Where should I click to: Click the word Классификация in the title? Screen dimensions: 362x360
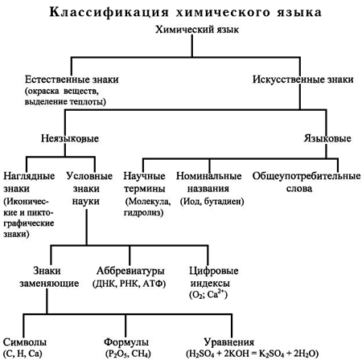[109, 13]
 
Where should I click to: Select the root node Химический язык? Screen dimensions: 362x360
[197, 30]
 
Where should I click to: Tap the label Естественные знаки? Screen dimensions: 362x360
[72, 80]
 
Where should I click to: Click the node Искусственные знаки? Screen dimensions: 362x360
[303, 80]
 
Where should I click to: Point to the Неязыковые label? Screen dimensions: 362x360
[70, 138]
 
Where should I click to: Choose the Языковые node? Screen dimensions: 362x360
[327, 138]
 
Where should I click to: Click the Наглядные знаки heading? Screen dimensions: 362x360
[29, 182]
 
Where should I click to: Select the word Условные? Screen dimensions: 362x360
[89, 176]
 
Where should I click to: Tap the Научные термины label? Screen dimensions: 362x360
[144, 182]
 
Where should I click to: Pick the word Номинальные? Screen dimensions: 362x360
[208, 176]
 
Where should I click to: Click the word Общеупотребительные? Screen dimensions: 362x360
[306, 176]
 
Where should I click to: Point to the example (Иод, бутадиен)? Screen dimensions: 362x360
[212, 202]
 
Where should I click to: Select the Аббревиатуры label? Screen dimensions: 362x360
[130, 271]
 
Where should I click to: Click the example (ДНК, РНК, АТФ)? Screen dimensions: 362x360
[129, 284]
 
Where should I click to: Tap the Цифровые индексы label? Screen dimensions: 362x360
[214, 277]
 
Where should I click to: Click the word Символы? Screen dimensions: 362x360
[25, 342]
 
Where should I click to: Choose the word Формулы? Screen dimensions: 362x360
[126, 342]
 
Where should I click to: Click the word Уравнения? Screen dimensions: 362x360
[229, 342]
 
